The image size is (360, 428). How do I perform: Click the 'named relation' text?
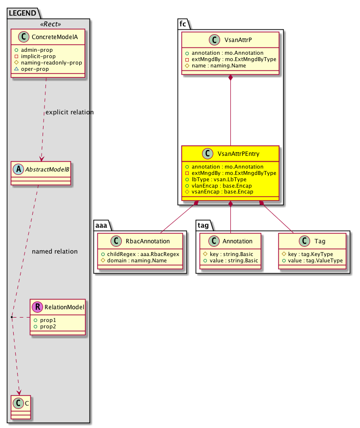point(54,252)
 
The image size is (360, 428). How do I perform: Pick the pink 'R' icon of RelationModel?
point(38,307)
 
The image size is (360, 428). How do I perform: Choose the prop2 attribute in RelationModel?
point(48,326)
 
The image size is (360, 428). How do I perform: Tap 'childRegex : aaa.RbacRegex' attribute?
point(140,254)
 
